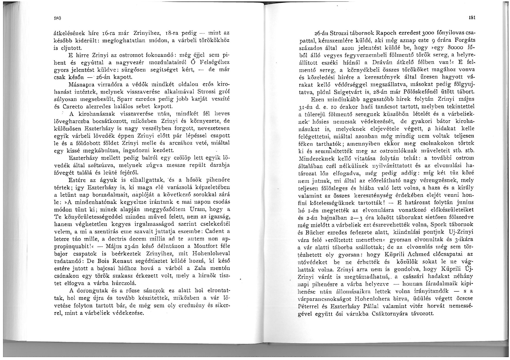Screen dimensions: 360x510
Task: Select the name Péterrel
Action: tap(309, 306)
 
